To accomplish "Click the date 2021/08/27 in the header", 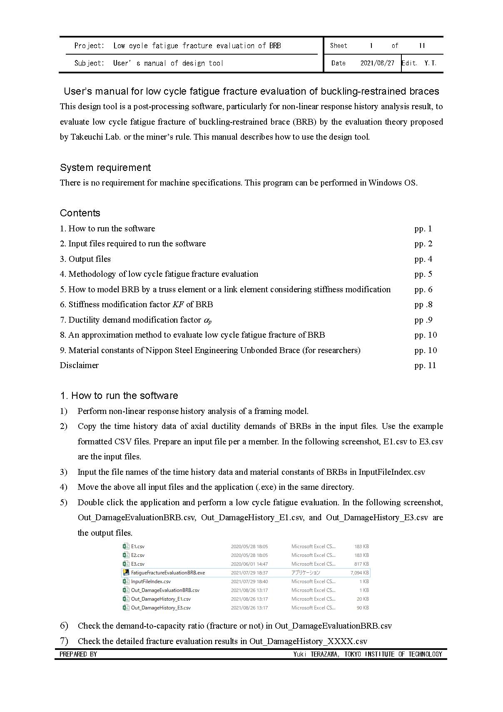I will (x=377, y=63).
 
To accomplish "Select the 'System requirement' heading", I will (x=105, y=168).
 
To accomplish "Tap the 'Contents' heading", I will (x=80, y=213).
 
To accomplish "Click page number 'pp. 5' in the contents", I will (x=423, y=274).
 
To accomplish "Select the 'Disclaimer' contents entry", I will (x=79, y=365).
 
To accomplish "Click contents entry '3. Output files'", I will (x=85, y=259).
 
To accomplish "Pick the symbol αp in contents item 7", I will (x=207, y=320).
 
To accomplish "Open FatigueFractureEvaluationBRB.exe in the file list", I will (x=168, y=573).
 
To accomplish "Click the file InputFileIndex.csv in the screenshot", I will (x=151, y=582).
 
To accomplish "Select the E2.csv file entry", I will (x=138, y=555).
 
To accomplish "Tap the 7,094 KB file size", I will (x=359, y=573).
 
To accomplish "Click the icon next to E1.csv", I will (x=126, y=546).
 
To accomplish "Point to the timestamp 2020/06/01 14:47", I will (x=249, y=564).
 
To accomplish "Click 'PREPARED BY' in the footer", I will (x=78, y=654).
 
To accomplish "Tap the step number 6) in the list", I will (x=64, y=626).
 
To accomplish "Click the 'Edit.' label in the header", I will (x=409, y=63).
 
